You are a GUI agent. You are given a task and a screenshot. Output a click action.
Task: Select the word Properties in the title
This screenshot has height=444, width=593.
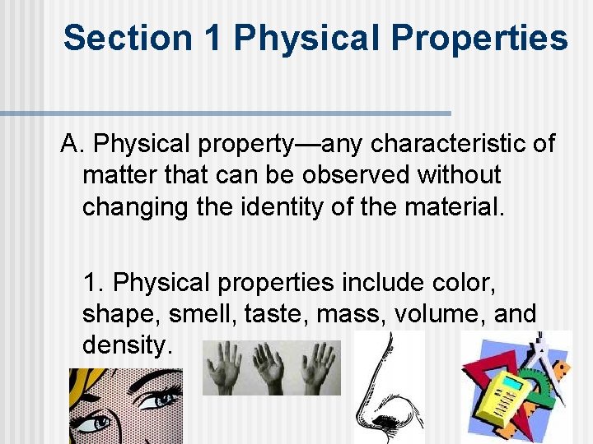tap(479, 38)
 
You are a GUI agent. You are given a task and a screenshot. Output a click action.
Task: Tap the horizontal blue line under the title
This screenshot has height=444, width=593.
tap(226, 113)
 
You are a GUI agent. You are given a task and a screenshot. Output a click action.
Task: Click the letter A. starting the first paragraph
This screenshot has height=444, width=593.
tap(72, 145)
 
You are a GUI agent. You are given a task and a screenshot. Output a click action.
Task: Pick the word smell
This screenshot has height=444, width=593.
tap(197, 313)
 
